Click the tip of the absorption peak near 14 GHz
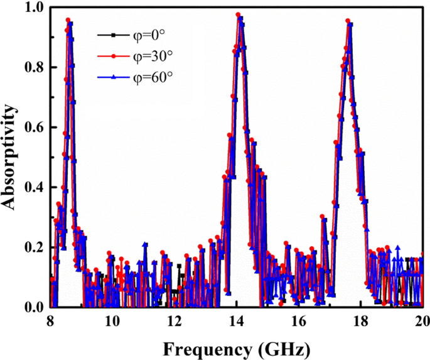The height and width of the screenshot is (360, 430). (238, 14)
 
